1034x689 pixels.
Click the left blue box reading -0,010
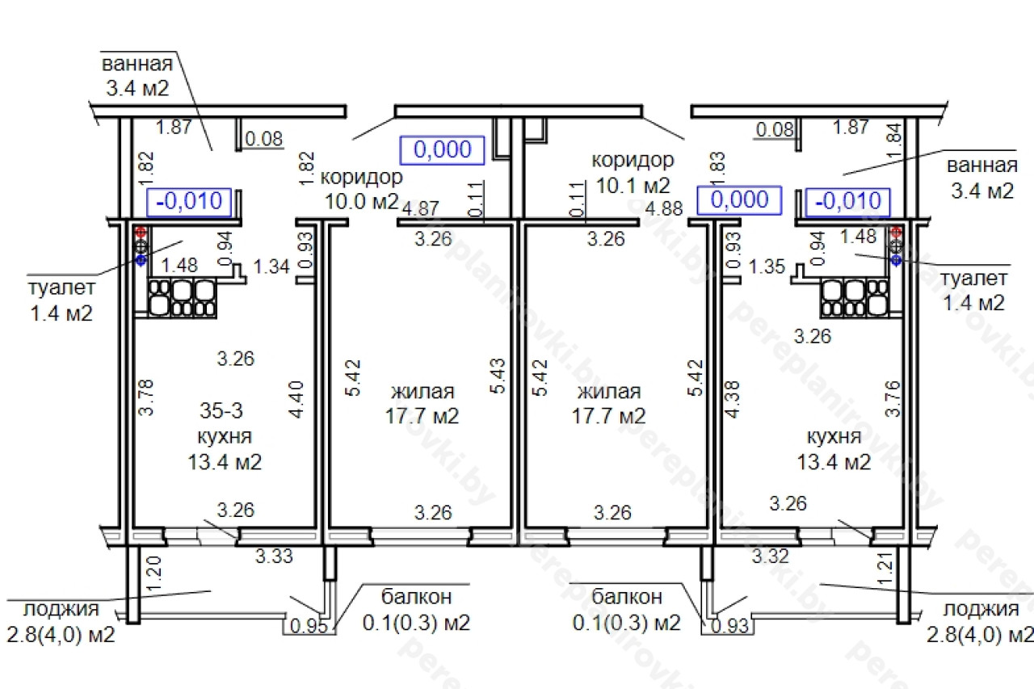click(x=189, y=202)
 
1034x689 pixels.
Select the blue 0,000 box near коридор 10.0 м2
click(x=442, y=150)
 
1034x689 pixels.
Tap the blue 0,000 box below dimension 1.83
click(x=739, y=200)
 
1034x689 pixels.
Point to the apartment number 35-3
click(x=221, y=410)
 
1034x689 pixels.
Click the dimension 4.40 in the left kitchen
click(x=296, y=399)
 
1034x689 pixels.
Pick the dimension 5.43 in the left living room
click(x=498, y=376)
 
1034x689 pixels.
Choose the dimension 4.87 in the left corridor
click(x=421, y=208)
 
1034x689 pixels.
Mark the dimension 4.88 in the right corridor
click(x=664, y=208)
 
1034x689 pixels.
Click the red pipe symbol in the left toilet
click(x=141, y=232)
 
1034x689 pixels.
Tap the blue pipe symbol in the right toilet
click(x=896, y=260)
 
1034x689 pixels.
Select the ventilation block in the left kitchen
click(x=183, y=298)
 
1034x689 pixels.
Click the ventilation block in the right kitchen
click(x=855, y=298)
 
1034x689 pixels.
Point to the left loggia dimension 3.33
click(x=274, y=556)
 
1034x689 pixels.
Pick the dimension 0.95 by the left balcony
click(x=309, y=626)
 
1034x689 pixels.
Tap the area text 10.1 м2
click(x=633, y=186)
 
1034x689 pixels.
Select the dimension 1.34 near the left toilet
click(x=271, y=267)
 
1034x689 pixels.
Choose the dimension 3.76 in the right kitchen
click(x=893, y=399)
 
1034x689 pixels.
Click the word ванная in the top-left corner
click(x=137, y=64)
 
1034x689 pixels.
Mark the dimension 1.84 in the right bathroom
click(x=893, y=141)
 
